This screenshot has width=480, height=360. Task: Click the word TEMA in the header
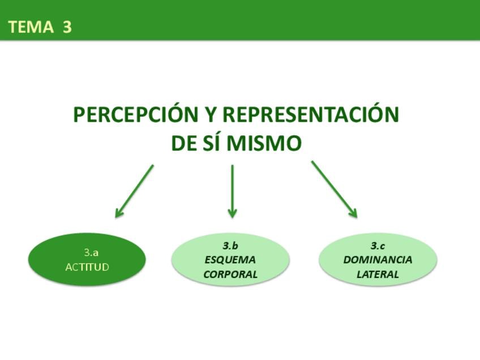coord(31,27)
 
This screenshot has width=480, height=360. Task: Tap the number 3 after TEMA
coord(67,27)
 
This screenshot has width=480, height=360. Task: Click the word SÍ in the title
coord(212,144)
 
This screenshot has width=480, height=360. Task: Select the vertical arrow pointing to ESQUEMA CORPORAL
coord(232,191)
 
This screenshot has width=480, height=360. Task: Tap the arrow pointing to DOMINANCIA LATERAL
coord(334,189)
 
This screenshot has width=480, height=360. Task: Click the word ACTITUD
coord(87,267)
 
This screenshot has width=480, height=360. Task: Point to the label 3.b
coord(230,246)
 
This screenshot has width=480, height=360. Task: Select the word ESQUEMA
coord(230,260)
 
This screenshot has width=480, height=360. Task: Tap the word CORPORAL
coord(230,275)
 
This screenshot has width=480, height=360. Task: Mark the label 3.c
coord(378,246)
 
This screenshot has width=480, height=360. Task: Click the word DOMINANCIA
coord(378,260)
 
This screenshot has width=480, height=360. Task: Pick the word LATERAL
coord(378,275)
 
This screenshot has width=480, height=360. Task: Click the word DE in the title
coord(184,144)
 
